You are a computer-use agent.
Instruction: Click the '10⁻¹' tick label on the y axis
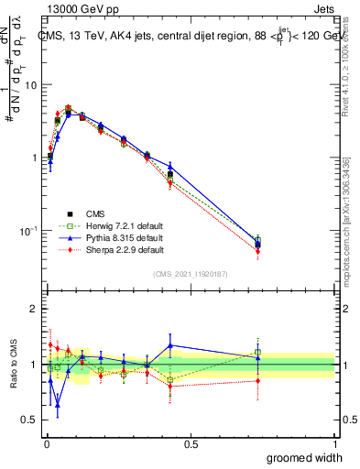click(x=29, y=230)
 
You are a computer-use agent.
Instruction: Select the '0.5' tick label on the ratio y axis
click(x=30, y=420)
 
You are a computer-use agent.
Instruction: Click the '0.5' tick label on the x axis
click(x=191, y=443)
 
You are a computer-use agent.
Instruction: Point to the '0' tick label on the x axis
click(x=47, y=443)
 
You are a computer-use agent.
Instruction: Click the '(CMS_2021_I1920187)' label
click(x=191, y=273)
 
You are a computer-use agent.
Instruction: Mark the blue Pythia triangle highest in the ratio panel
click(x=170, y=345)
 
